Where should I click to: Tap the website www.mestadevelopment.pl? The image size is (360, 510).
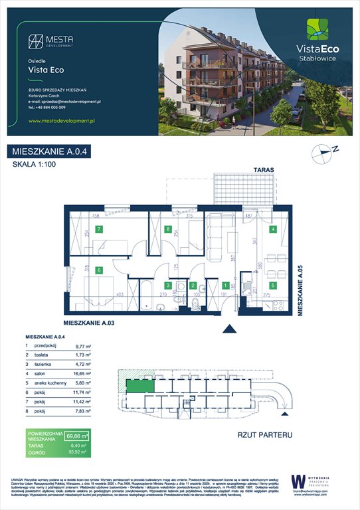[64, 121]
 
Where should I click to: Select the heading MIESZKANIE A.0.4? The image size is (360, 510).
[50, 152]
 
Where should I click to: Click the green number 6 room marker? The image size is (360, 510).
[98, 270]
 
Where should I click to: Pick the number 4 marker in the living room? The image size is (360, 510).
[272, 230]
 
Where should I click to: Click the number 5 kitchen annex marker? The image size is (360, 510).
[273, 285]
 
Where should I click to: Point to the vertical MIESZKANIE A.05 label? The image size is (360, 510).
[300, 290]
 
